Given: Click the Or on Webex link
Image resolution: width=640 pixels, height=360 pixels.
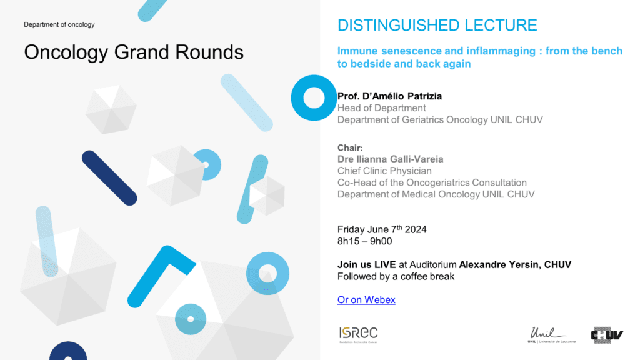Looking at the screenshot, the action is point(366,300).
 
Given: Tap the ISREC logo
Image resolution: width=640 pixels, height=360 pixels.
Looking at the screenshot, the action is point(358,335).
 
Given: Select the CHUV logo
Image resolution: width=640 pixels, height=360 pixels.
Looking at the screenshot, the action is point(607,335).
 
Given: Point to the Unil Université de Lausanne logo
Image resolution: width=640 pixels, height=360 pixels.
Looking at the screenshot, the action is point(551,335).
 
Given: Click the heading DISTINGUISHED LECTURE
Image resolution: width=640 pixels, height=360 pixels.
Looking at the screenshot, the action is point(437,25).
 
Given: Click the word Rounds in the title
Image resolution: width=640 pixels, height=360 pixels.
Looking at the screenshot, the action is point(209,52).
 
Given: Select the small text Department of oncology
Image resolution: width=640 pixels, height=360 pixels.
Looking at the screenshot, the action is point(59,24).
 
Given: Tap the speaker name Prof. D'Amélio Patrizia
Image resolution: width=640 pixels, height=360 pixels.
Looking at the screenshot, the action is point(389,96).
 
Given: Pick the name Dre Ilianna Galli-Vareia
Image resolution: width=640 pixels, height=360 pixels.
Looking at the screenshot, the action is point(390,159).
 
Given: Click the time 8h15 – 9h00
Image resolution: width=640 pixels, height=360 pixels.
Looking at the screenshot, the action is point(364,242).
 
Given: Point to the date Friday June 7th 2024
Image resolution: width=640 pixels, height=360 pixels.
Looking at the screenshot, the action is point(382,229).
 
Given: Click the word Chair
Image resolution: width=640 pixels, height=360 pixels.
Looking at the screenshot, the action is point(349,147).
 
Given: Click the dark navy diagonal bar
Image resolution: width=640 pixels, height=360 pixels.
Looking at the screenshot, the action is point(109,178).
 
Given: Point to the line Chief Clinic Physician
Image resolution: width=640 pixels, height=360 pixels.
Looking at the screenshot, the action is point(384,171).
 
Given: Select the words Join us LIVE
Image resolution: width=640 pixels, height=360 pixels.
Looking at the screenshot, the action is point(366,265).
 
